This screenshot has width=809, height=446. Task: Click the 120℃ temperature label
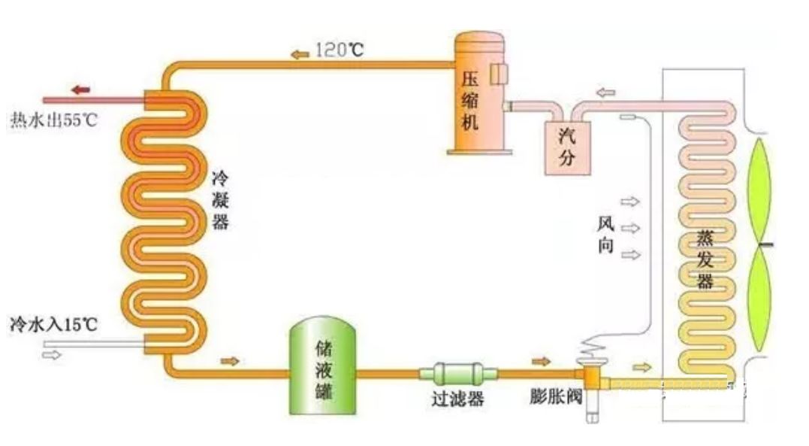click(340, 51)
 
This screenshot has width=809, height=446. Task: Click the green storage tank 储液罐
click(323, 366)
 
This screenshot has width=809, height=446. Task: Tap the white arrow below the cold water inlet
click(53, 354)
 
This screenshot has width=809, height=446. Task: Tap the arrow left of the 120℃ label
click(299, 53)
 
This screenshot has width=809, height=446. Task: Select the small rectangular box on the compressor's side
click(499, 73)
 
